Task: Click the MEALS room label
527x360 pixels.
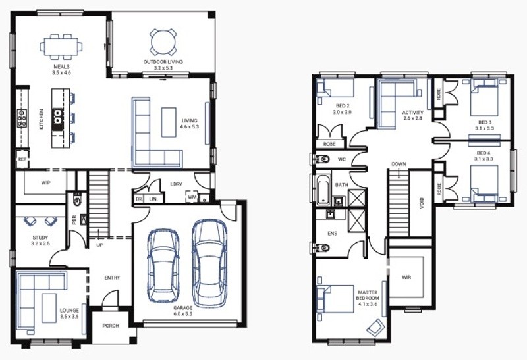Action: (61, 67)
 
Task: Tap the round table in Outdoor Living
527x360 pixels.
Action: (163, 42)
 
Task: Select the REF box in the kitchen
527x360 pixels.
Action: (22, 159)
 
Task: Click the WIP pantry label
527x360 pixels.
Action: (45, 183)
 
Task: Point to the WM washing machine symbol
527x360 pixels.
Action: (192, 197)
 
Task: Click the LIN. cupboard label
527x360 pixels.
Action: (153, 199)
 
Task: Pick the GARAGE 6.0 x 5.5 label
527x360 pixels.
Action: (183, 311)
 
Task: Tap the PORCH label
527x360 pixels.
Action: (111, 326)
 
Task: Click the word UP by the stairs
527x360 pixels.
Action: (100, 245)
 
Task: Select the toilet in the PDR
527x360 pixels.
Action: (77, 200)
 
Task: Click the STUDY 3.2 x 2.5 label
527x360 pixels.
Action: (40, 240)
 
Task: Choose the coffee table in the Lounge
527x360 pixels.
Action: (49, 308)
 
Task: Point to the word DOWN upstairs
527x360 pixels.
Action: (399, 165)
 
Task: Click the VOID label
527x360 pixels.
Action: (422, 203)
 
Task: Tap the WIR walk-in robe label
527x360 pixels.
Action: (406, 277)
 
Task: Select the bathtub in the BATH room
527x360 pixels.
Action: (323, 190)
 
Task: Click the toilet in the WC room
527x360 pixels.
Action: (322, 159)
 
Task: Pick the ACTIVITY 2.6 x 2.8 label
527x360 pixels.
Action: (413, 115)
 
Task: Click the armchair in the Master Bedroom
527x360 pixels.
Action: (375, 326)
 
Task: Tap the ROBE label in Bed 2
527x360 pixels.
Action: (329, 144)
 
